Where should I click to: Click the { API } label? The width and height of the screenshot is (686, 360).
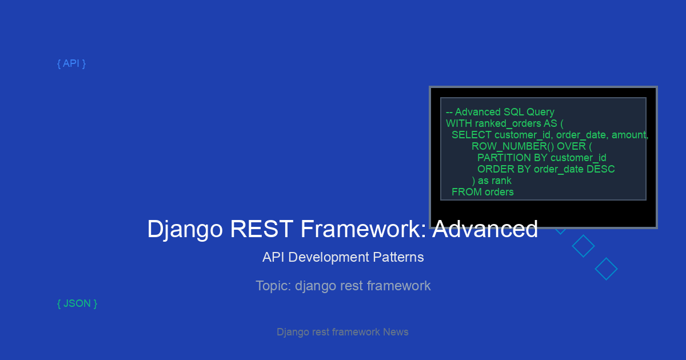pyautogui.click(x=71, y=63)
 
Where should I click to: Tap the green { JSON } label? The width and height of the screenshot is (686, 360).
pyautogui.click(x=77, y=303)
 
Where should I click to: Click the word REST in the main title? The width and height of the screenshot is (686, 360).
pyautogui.click(x=262, y=229)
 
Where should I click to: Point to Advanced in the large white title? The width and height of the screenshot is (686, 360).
pyautogui.click(x=485, y=229)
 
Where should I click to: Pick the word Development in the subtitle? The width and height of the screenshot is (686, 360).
pyautogui.click(x=329, y=258)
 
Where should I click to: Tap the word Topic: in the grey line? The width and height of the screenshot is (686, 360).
pyautogui.click(x=273, y=286)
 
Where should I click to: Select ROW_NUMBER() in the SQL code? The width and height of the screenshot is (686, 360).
pyautogui.click(x=513, y=146)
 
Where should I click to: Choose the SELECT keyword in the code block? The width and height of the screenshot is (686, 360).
pyautogui.click(x=472, y=135)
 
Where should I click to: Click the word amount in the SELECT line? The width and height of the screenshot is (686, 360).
pyautogui.click(x=630, y=135)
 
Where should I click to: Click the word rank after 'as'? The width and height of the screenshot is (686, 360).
pyautogui.click(x=501, y=181)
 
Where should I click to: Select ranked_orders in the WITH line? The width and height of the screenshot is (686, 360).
pyautogui.click(x=508, y=123)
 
